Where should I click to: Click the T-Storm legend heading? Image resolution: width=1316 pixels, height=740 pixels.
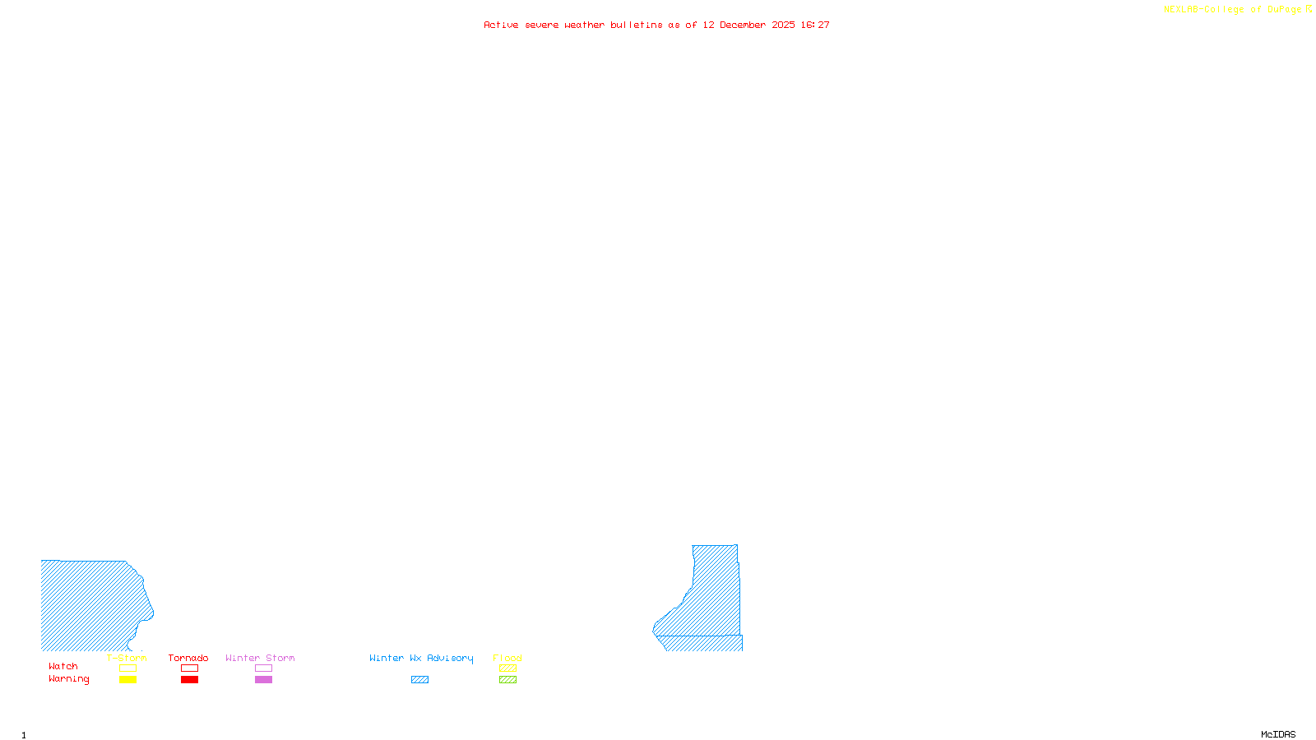click(127, 658)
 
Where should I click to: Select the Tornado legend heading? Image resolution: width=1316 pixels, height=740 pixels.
click(188, 658)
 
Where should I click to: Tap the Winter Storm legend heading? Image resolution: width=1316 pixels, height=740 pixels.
click(260, 658)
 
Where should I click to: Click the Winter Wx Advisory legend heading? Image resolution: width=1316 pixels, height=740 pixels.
click(421, 658)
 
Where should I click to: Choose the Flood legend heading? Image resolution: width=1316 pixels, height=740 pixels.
click(507, 658)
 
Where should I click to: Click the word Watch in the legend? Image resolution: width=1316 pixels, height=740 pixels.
click(63, 666)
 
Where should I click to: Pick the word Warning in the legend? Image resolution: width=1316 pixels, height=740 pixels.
click(69, 679)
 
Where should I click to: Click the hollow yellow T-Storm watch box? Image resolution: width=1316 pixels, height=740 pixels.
click(127, 668)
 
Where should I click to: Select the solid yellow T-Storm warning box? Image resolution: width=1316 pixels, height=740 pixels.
click(127, 680)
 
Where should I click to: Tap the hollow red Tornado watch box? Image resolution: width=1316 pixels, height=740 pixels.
click(189, 668)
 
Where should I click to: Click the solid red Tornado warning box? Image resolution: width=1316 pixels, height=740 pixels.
click(189, 680)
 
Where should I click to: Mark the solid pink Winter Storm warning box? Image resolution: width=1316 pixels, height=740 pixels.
click(263, 680)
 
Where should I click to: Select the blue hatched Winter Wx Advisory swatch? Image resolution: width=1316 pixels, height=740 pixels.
click(419, 680)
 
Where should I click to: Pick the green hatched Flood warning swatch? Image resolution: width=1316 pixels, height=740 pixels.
click(507, 680)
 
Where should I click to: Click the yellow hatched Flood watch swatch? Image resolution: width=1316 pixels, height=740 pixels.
click(507, 668)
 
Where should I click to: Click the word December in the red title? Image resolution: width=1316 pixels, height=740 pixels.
click(743, 25)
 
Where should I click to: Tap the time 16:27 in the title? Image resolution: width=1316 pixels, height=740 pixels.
click(815, 25)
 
